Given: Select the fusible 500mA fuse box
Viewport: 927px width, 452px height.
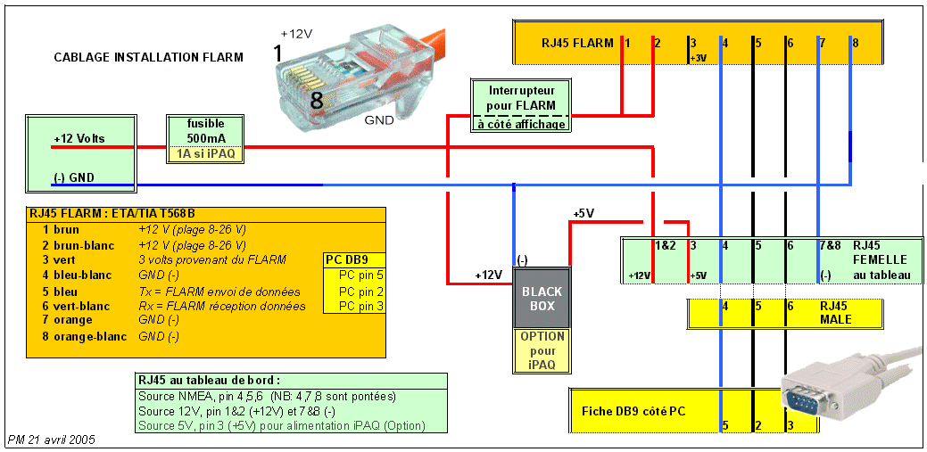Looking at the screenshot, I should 206,130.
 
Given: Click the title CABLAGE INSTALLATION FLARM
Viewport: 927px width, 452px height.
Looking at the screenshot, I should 148,58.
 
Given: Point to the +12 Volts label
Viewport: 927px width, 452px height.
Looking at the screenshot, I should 79,139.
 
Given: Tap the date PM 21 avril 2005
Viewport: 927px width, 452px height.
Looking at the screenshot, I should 51,440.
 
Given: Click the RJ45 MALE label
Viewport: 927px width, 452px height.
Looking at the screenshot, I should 835,312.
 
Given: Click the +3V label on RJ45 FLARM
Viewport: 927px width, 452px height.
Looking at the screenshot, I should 698,59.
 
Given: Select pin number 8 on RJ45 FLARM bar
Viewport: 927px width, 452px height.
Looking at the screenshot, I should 854,42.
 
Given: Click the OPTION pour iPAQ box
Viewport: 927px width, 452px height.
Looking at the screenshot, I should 542,350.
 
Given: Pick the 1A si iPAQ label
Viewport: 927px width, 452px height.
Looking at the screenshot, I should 206,153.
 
